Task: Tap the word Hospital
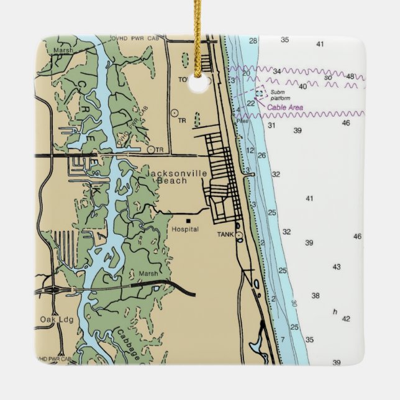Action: [x=185, y=229]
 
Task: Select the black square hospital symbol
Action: [x=188, y=220]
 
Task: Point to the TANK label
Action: [x=225, y=235]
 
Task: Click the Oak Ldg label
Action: [x=53, y=320]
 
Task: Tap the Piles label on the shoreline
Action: [x=242, y=120]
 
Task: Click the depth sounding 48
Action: [x=350, y=76]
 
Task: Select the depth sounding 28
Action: [x=253, y=41]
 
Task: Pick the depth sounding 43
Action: [x=336, y=267]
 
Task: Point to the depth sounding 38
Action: [x=316, y=296]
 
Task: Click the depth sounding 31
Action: [x=271, y=125]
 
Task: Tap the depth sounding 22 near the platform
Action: [x=250, y=103]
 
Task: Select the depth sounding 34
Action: [x=277, y=71]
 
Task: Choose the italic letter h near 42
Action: [x=335, y=311]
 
